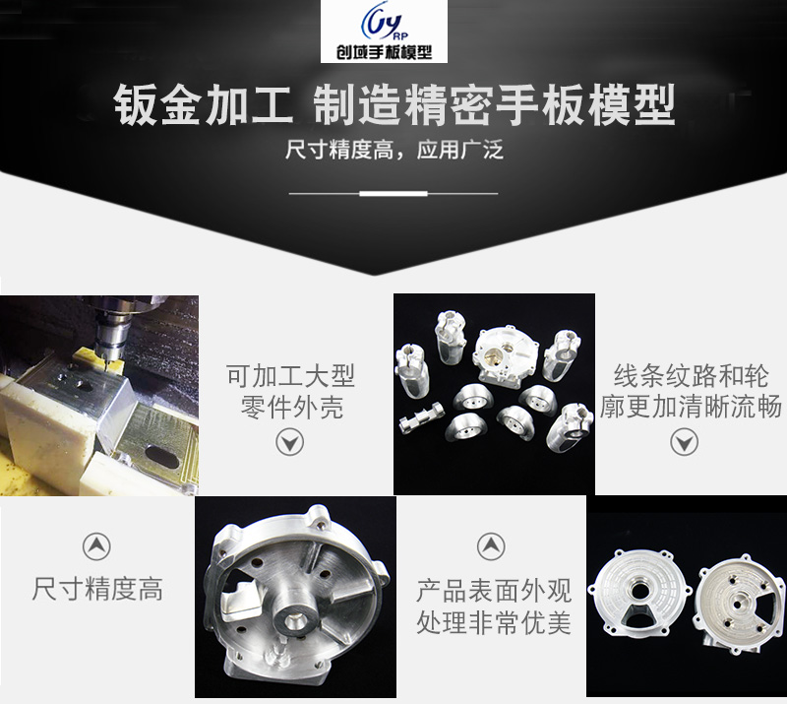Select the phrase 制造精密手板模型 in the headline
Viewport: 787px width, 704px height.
(493, 104)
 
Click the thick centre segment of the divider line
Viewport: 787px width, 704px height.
(393, 193)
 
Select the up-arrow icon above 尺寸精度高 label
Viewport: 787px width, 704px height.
(96, 546)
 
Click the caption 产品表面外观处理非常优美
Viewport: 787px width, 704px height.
(493, 606)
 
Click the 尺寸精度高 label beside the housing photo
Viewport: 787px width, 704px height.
(96, 590)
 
